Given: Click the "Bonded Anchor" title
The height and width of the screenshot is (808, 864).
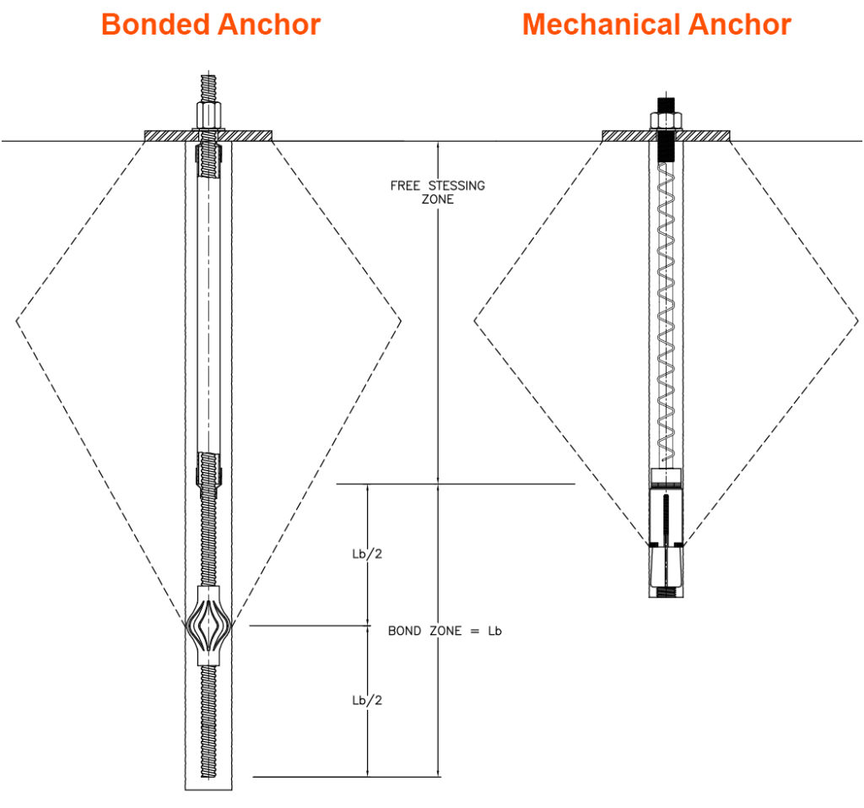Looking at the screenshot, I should point(210,24).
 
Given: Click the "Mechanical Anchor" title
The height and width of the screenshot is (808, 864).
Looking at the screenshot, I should point(656,24).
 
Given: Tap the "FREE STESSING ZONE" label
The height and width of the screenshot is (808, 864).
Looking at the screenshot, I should point(437,193).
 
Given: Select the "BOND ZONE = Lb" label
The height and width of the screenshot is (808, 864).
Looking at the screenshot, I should point(445,631).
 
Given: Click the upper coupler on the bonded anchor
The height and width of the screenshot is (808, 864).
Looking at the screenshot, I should point(207,160).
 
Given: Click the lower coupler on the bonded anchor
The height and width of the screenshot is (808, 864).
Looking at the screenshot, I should point(208,469).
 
